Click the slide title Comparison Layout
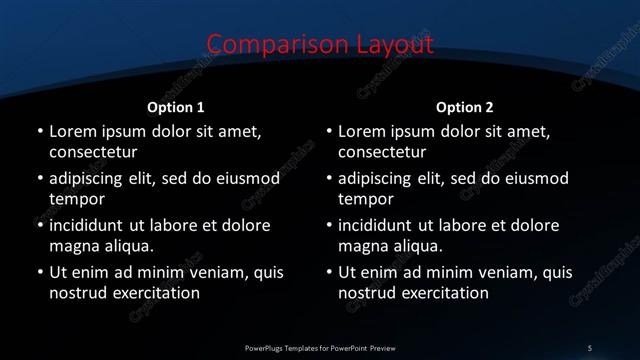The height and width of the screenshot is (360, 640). (320, 45)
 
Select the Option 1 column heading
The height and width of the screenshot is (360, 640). (176, 107)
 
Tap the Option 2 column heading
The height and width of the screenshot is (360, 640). (465, 107)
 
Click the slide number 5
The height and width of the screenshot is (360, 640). (590, 347)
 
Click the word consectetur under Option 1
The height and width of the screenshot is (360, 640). (93, 153)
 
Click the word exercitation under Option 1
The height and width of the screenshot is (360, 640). (155, 293)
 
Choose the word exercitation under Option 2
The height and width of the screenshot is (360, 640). (444, 293)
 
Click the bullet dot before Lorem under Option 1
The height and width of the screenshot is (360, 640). (39, 132)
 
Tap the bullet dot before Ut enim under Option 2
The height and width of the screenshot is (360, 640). (328, 273)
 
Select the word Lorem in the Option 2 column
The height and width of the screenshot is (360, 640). (361, 132)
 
